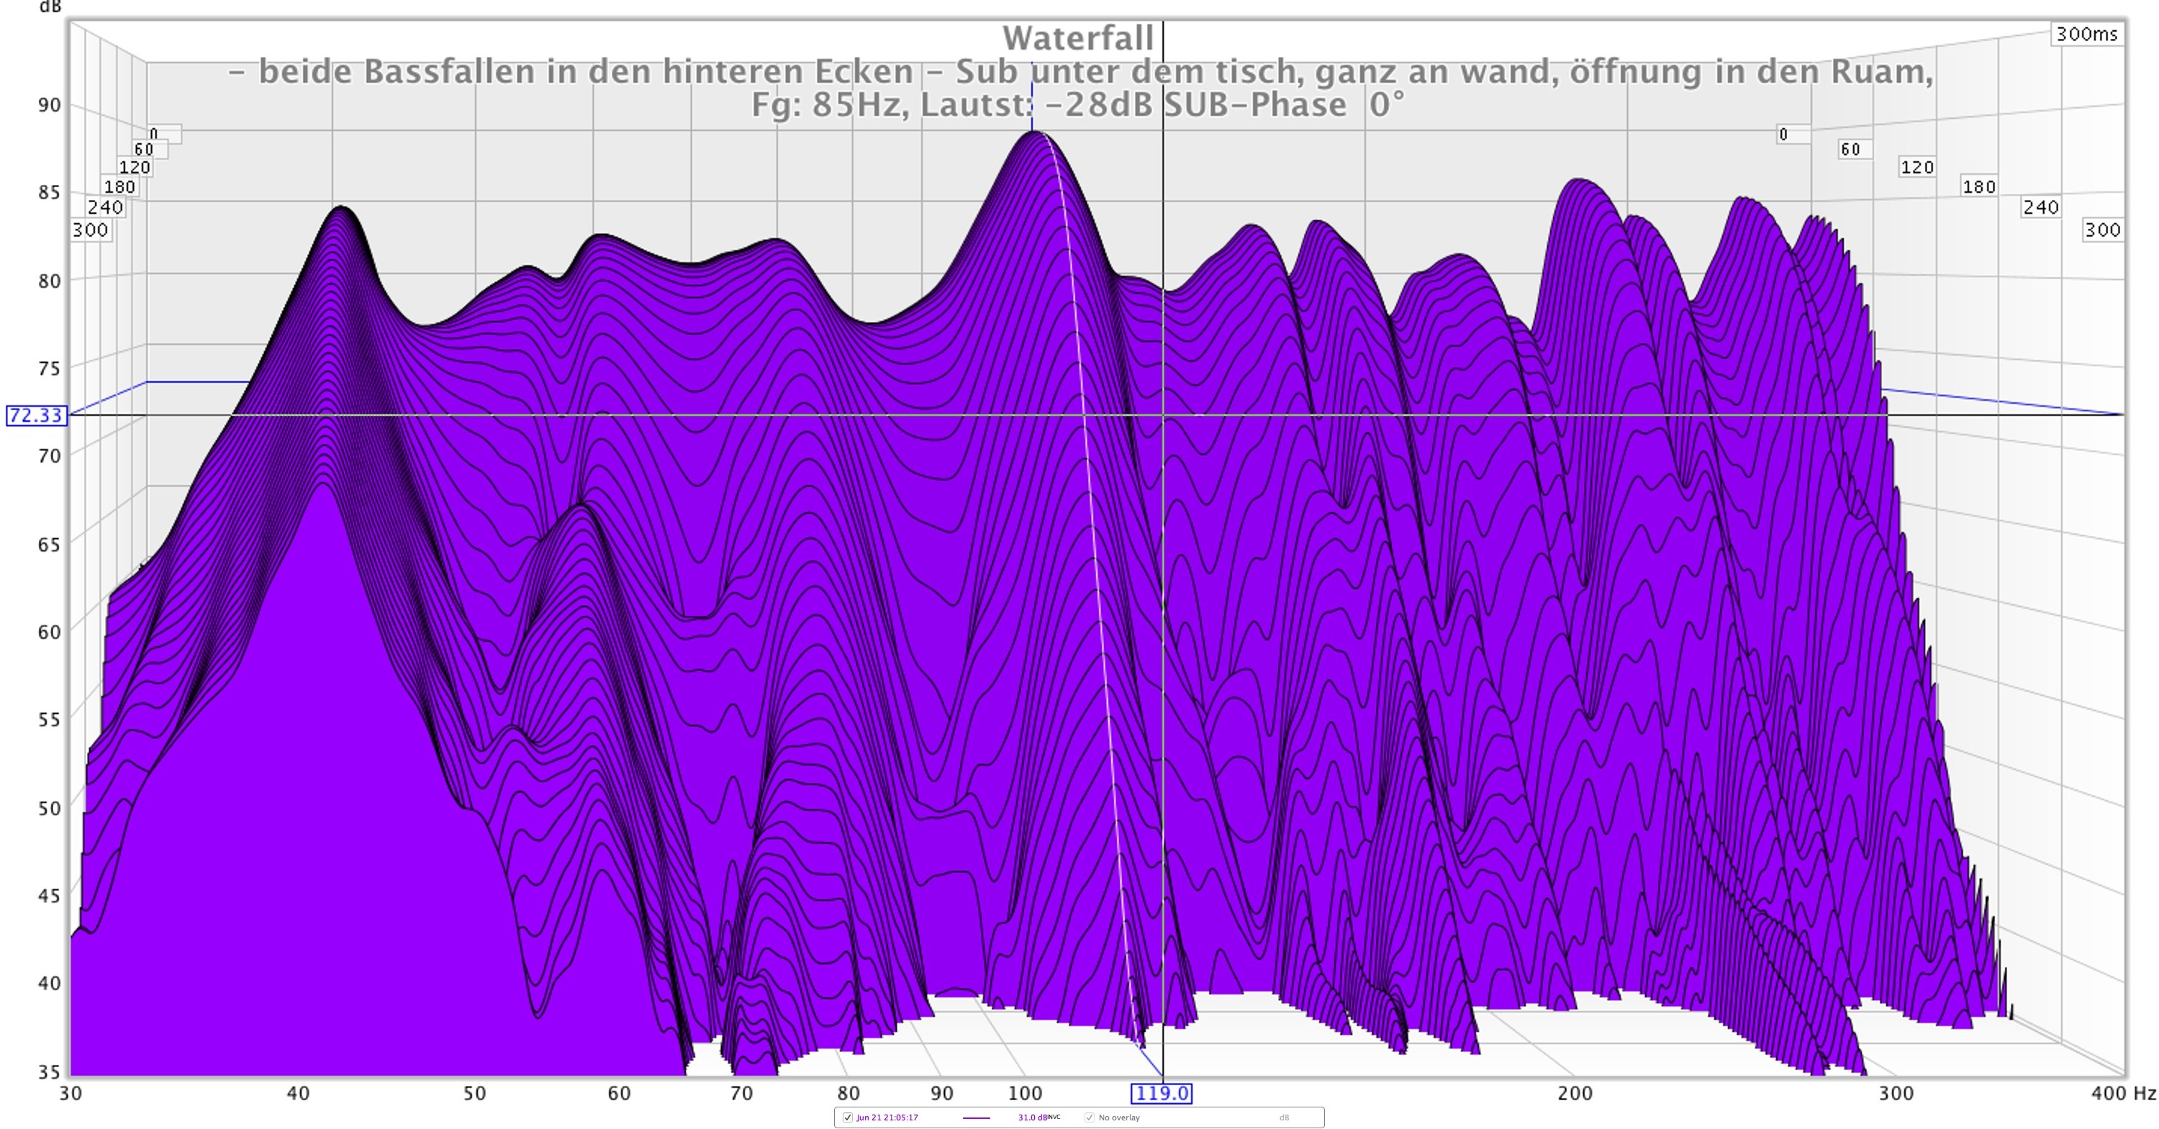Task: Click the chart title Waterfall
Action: [x=1078, y=37]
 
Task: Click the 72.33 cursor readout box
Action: [x=36, y=416]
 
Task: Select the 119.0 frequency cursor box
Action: [x=1161, y=1093]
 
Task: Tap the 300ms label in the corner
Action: [x=2086, y=35]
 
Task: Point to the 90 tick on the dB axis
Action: [x=50, y=106]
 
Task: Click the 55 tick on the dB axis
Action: [x=50, y=719]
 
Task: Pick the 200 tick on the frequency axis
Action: [x=1574, y=1093]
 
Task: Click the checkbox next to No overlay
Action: [x=1090, y=1117]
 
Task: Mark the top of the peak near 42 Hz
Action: [x=340, y=207]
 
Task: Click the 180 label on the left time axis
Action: [x=120, y=187]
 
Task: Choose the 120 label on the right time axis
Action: [x=1916, y=168]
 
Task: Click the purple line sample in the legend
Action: [x=977, y=1118]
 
